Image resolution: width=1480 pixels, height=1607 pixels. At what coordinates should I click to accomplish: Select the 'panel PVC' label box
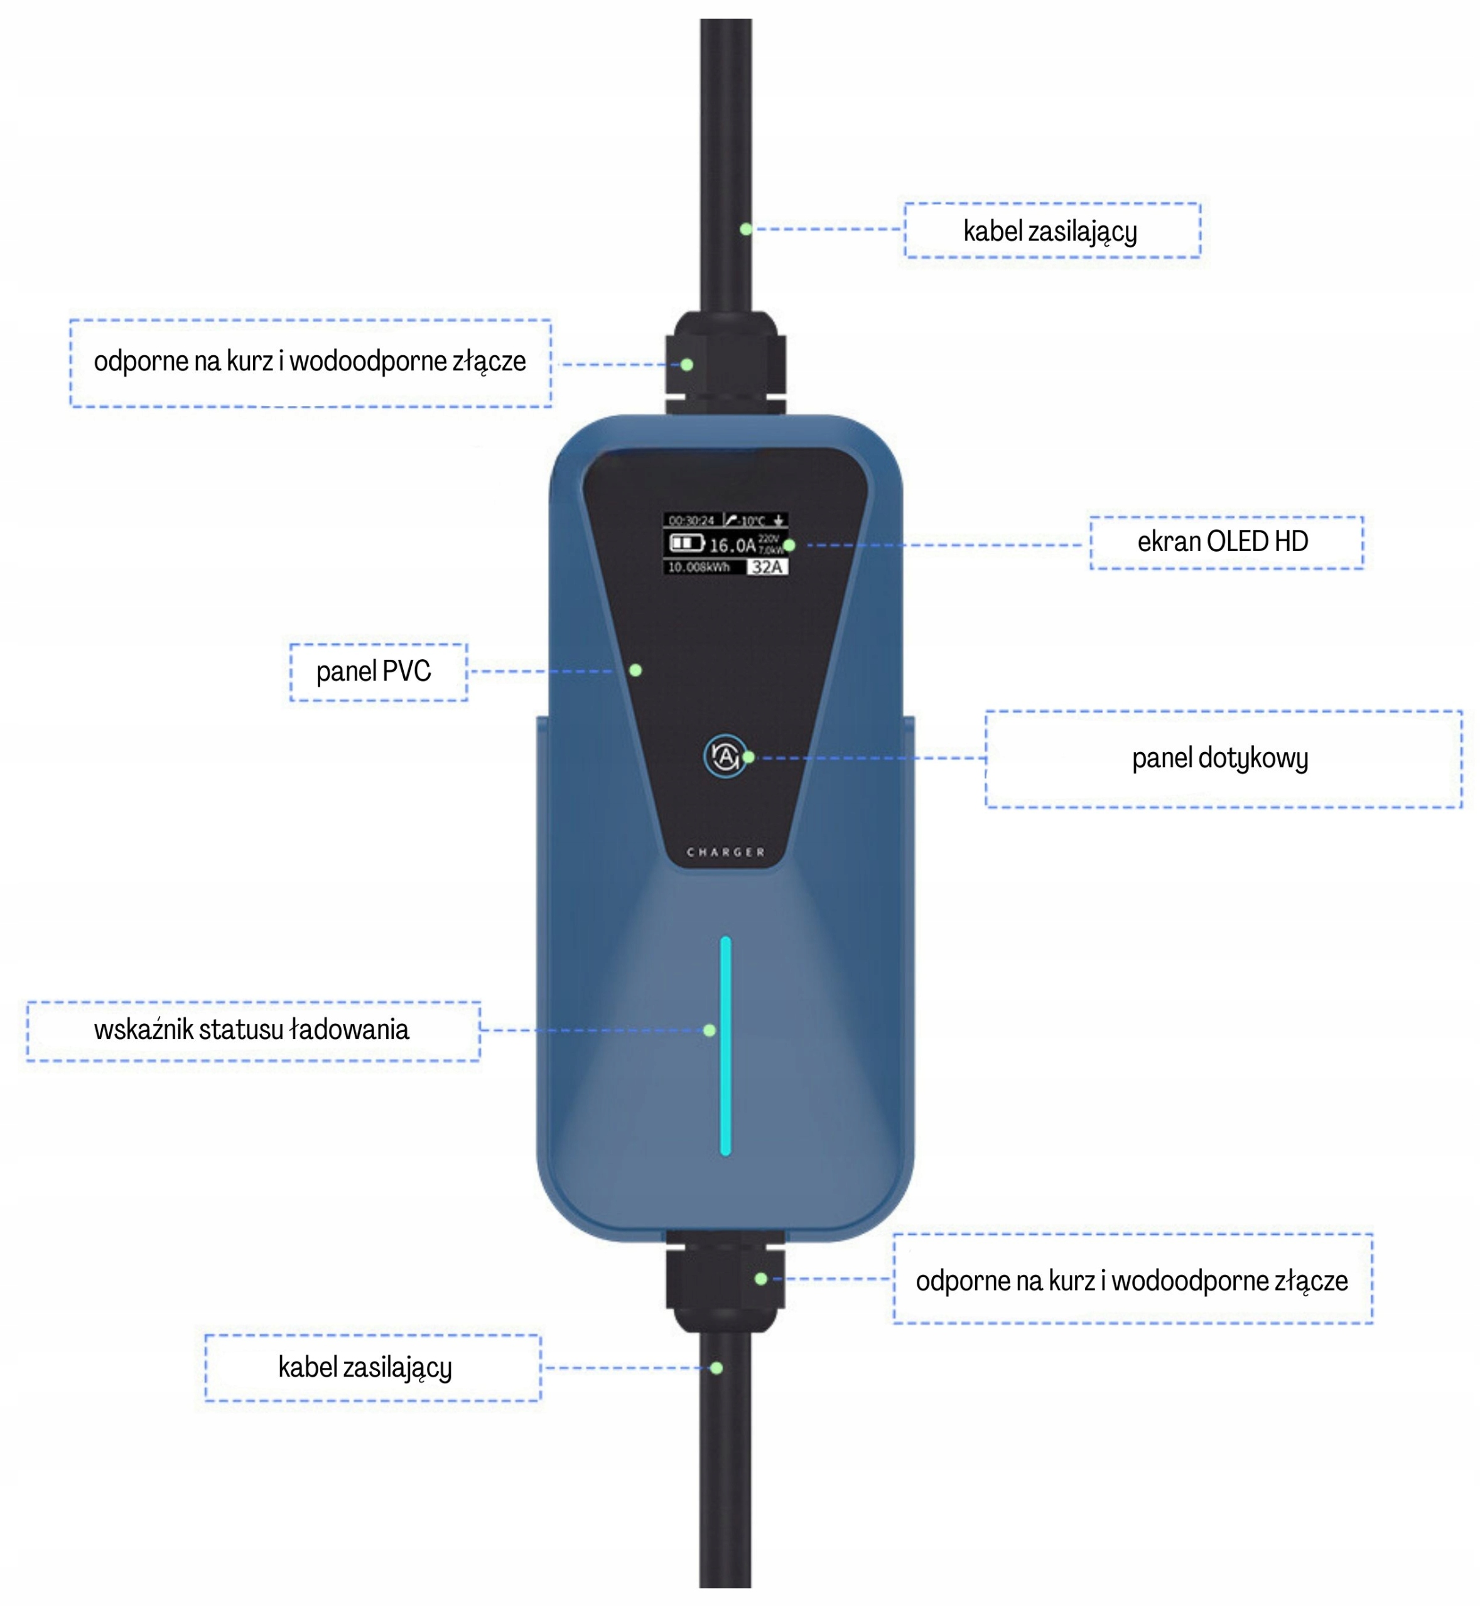(378, 672)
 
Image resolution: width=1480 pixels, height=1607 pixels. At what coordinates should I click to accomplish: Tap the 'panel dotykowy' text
(1219, 758)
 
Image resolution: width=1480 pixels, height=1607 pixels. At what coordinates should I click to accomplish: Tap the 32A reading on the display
(767, 567)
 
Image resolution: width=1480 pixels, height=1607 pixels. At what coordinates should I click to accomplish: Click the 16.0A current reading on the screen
(732, 546)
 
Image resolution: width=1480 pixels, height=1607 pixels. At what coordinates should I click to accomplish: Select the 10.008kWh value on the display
(698, 567)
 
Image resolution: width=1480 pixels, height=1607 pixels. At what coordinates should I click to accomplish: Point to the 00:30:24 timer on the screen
(691, 520)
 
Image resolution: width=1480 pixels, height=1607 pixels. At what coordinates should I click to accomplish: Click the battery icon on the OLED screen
(686, 544)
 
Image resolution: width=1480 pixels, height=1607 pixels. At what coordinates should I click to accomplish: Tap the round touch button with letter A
(725, 756)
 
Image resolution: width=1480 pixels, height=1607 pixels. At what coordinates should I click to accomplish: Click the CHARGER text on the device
(726, 852)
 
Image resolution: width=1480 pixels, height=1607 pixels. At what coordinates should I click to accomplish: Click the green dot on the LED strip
(710, 1031)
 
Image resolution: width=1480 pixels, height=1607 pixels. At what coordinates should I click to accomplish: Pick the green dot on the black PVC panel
(635, 670)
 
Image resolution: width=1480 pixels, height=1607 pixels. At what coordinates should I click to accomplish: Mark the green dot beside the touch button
(748, 756)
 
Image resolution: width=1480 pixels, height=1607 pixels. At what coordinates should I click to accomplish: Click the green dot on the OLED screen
(789, 546)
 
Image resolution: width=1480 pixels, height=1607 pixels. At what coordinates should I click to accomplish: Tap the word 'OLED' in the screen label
(1238, 542)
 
